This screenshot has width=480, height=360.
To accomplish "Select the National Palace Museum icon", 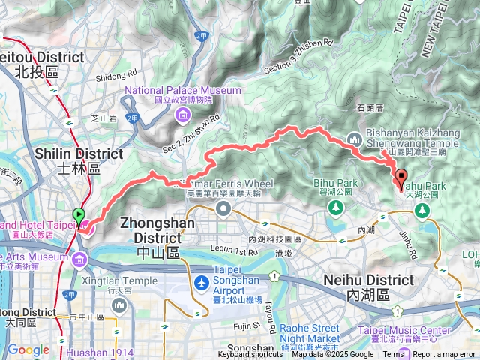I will pos(183,115).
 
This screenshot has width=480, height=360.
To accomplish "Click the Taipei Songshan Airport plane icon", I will pos(202,283).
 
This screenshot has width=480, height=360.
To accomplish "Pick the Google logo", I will pos(28,350).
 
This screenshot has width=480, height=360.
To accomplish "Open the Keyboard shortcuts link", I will pos(250,355).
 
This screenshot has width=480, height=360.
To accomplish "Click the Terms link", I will pos(392,355).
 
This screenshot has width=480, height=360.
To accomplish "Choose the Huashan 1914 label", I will pos(103,352).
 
